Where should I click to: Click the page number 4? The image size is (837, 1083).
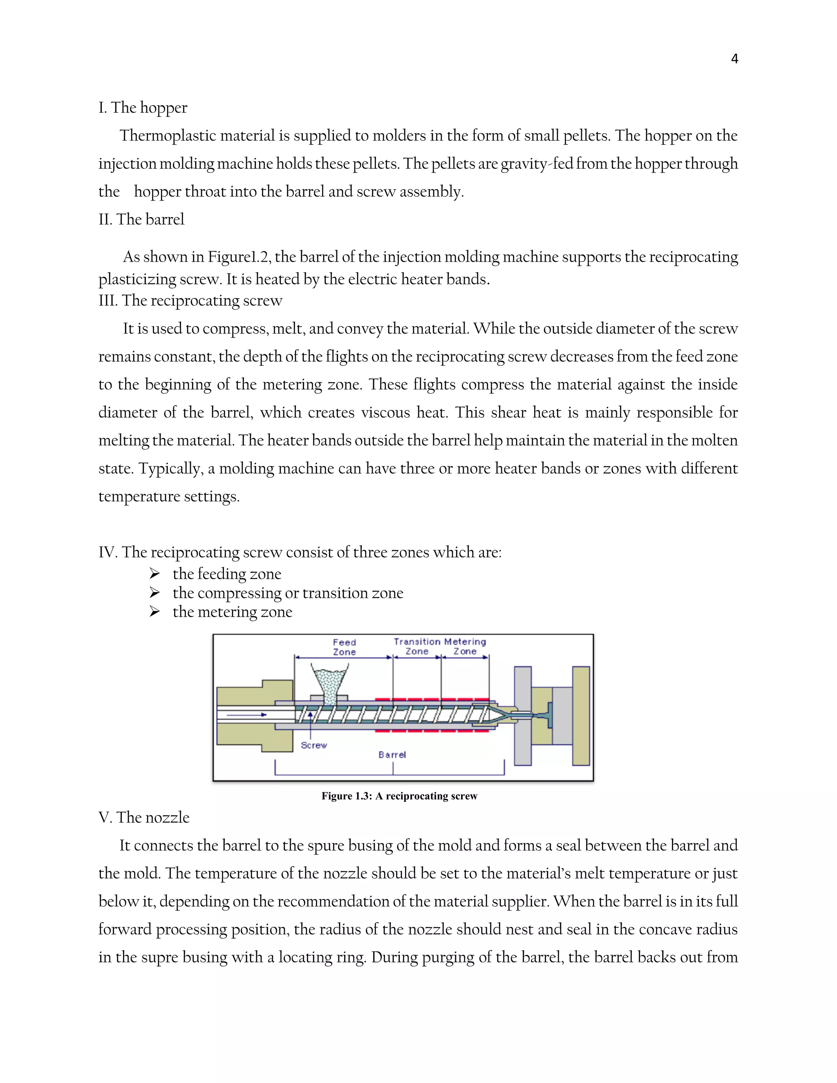734,59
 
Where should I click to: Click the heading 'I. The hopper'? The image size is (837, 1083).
143,107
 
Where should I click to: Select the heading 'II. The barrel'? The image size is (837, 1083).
141,219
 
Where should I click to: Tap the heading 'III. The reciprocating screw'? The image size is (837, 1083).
190,300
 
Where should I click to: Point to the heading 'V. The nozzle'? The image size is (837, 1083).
144,817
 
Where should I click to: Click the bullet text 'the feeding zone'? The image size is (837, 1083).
226,574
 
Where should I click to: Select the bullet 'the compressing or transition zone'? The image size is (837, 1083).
288,593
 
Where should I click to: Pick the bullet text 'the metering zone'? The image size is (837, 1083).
232,612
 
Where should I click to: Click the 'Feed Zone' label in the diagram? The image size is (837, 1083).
344,647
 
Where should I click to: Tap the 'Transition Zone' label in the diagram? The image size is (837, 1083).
417,647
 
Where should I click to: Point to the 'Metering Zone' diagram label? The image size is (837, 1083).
465,647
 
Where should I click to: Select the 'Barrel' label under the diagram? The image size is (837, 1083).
392,755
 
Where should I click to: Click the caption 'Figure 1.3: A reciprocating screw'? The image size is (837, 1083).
399,796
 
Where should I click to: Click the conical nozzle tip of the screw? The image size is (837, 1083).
497,714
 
